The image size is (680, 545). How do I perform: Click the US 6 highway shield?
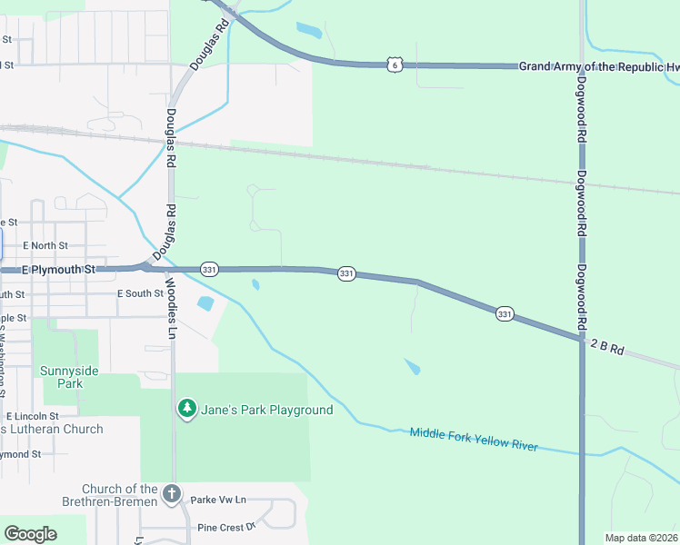pyautogui.click(x=393, y=64)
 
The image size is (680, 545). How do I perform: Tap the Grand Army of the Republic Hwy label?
pyautogui.click(x=598, y=66)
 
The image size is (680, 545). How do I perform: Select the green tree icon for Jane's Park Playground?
pyautogui.click(x=186, y=410)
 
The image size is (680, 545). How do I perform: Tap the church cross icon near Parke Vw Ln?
pyautogui.click(x=172, y=494)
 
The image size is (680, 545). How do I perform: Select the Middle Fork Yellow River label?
pyautogui.click(x=474, y=440)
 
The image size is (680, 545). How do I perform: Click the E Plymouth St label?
pyautogui.click(x=58, y=270)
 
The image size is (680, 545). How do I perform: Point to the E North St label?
pyautogui.click(x=45, y=245)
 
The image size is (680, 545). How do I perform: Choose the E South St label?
pyautogui.click(x=140, y=293)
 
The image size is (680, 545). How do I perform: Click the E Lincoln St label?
pyautogui.click(x=32, y=415)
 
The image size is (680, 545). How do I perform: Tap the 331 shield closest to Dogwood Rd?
pyautogui.click(x=505, y=314)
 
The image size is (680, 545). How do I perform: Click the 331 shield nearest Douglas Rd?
pyautogui.click(x=209, y=269)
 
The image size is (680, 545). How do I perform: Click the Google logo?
pyautogui.click(x=30, y=534)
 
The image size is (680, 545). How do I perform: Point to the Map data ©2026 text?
pyautogui.click(x=641, y=538)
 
